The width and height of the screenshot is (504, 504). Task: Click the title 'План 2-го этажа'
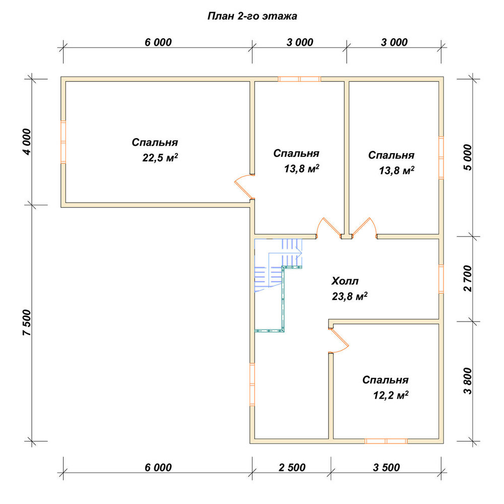click(252, 16)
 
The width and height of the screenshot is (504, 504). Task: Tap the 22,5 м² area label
click(160, 157)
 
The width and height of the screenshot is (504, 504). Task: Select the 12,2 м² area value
click(391, 395)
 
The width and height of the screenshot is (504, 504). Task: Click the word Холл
click(345, 281)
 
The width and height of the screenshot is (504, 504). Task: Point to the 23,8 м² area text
click(350, 296)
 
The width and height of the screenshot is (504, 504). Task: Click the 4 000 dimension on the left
click(28, 142)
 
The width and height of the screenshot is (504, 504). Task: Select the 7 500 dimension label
click(28, 323)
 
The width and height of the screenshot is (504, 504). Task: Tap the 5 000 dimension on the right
click(468, 157)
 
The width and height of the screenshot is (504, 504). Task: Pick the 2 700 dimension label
click(468, 278)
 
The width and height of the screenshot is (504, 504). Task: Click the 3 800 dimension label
click(468, 381)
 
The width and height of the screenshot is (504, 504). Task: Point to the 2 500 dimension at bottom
click(292, 467)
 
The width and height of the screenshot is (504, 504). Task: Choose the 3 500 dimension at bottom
click(387, 467)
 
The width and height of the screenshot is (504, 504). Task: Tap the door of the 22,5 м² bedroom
click(243, 186)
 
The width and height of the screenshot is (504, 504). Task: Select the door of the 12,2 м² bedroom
click(339, 341)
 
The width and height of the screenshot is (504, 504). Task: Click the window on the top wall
click(299, 79)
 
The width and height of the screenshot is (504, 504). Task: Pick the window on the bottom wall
click(386, 441)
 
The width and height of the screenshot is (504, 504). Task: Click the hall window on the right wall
click(442, 279)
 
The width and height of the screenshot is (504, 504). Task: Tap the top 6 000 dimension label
click(158, 42)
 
